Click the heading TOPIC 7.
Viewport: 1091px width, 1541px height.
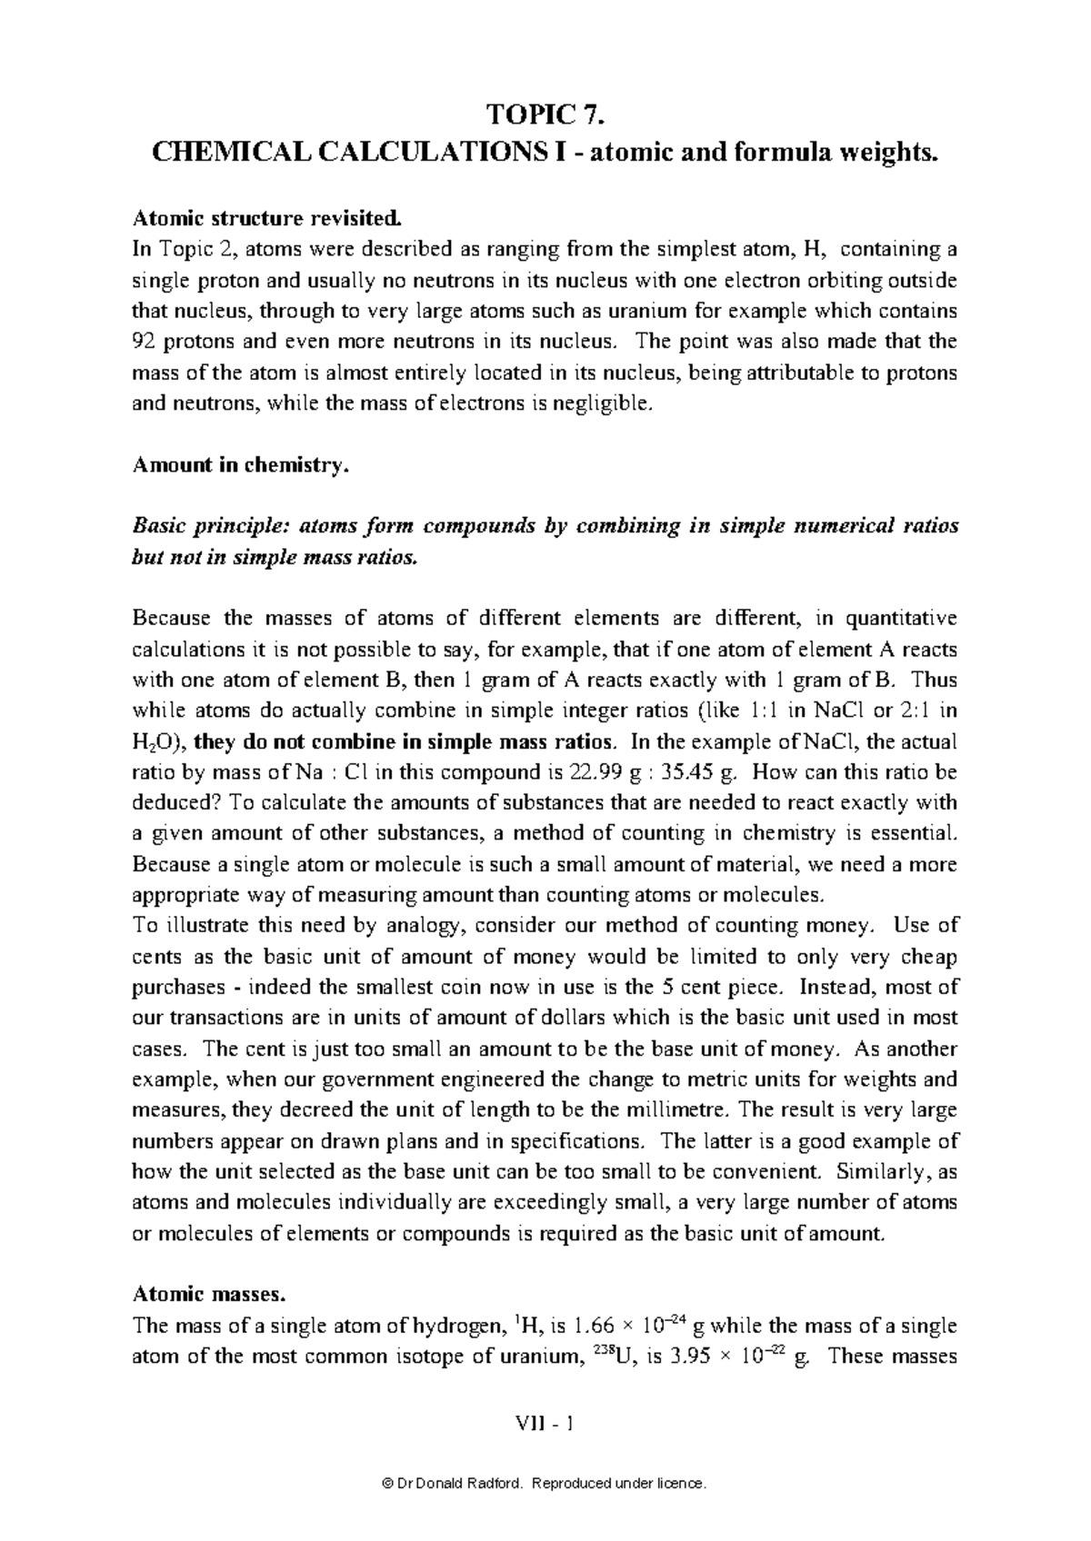pos(545,115)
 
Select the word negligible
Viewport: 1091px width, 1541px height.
pos(605,404)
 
